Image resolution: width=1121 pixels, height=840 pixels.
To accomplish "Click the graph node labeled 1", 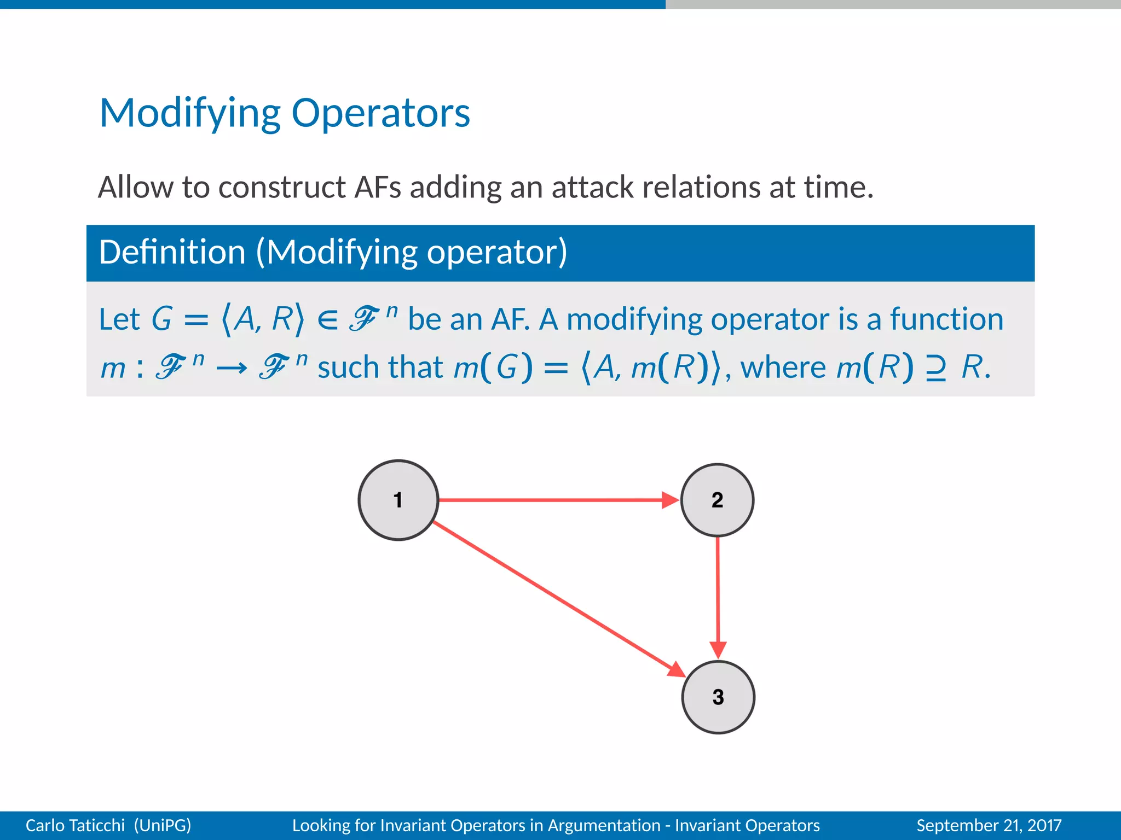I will [x=398, y=500].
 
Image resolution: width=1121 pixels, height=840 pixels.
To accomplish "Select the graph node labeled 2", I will [x=717, y=500].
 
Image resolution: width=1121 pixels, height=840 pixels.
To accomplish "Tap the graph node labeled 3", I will [x=718, y=697].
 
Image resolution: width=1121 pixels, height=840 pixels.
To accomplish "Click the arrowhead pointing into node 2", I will [x=670, y=500].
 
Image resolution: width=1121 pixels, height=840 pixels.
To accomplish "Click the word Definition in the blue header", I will [x=172, y=252].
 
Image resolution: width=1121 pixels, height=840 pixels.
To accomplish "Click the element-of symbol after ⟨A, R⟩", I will [x=327, y=320].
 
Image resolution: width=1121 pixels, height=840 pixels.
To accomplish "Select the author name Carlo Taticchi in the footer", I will [x=75, y=825].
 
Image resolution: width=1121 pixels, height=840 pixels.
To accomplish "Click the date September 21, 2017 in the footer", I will [x=989, y=825].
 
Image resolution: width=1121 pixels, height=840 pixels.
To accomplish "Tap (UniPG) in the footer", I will [x=163, y=825].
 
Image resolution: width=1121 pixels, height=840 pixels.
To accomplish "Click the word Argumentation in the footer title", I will [x=604, y=825].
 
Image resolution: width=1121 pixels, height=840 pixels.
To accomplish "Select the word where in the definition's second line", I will [x=783, y=367].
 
